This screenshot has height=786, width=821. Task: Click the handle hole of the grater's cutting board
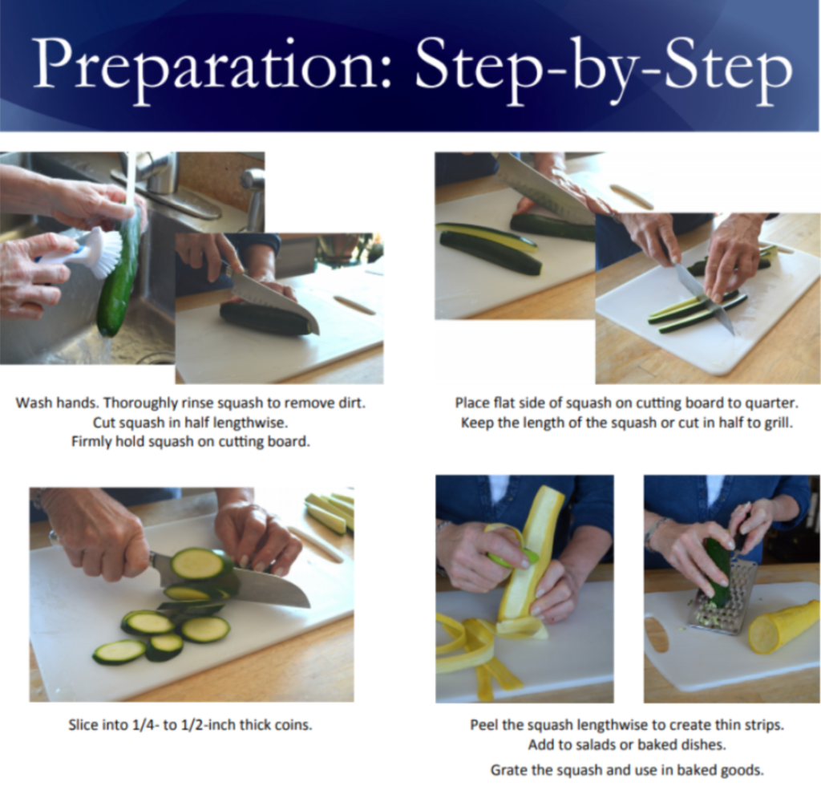(657, 634)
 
